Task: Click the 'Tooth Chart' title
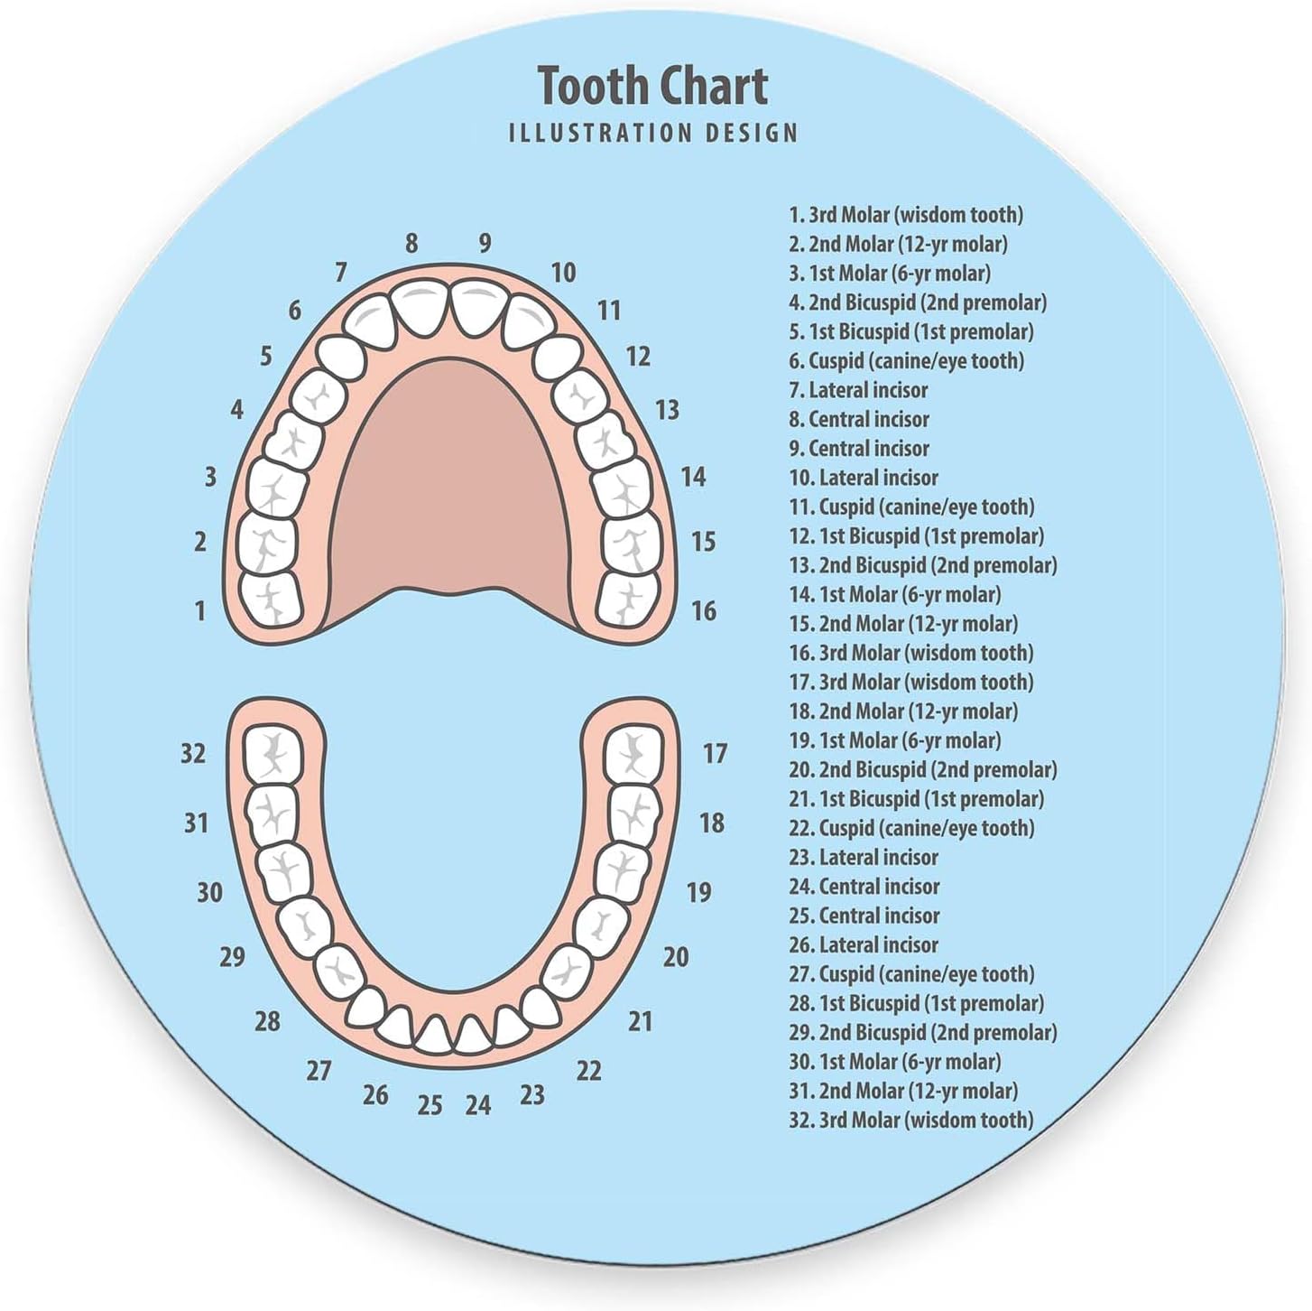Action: (x=652, y=86)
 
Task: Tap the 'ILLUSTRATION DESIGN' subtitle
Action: (x=653, y=134)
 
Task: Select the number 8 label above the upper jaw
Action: (x=411, y=243)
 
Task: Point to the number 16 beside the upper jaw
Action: (x=703, y=611)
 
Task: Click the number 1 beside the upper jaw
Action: (x=200, y=611)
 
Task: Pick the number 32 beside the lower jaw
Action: (x=193, y=753)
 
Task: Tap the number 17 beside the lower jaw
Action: (x=715, y=753)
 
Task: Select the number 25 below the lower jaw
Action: (x=430, y=1105)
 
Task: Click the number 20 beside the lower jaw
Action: (x=676, y=957)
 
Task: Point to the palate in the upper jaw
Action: (x=451, y=488)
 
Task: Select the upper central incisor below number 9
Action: (x=478, y=306)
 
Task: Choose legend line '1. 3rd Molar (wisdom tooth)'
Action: (x=906, y=215)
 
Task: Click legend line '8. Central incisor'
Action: (x=859, y=419)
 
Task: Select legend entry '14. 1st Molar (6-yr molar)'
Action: (x=895, y=594)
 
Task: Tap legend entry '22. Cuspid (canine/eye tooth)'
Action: (x=911, y=828)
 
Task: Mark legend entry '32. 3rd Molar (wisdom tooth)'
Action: (x=911, y=1120)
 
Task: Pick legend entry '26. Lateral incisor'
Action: (x=864, y=944)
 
